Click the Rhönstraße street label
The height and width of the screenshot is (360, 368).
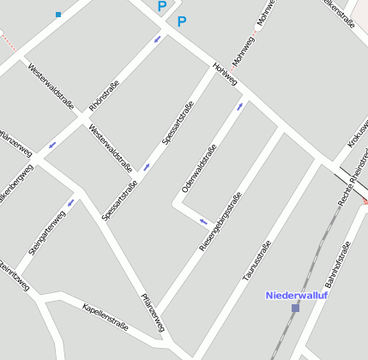[104, 94]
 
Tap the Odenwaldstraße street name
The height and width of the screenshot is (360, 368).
[199, 167]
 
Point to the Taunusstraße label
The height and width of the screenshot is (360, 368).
[256, 261]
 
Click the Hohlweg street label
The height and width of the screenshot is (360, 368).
[226, 75]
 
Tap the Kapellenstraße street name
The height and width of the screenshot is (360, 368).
[105, 316]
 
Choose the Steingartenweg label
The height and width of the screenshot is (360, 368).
[47, 232]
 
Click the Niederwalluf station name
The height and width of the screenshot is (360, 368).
[297, 295]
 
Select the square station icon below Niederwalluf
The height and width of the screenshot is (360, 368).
[295, 308]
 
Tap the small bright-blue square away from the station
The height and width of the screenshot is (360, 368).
[58, 15]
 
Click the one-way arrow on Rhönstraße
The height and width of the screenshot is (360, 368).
[157, 39]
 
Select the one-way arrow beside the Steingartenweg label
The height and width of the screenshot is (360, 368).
[71, 202]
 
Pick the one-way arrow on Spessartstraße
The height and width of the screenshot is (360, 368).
[147, 166]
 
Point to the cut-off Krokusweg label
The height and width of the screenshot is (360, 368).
[358, 134]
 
